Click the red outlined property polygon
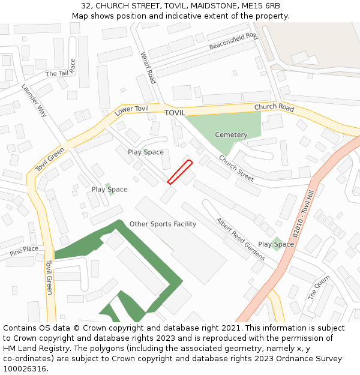179,172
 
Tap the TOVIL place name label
175,113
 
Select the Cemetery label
231,135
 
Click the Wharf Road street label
148,68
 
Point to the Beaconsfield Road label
233,41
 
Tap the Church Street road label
236,169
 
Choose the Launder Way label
34,100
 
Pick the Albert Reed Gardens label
240,238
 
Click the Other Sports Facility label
163,224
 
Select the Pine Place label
24,249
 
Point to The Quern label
319,287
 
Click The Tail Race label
61,71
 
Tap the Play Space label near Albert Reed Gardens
276,244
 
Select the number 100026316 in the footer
26,368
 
